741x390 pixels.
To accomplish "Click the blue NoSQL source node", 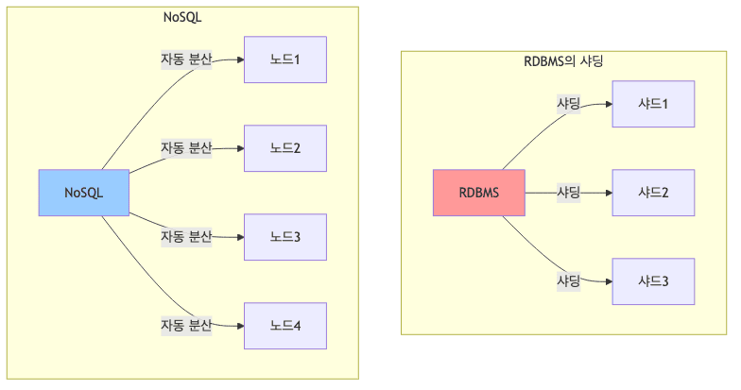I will click(84, 193).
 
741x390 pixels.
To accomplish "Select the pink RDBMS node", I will click(478, 193).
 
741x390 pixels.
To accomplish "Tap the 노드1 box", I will click(284, 60).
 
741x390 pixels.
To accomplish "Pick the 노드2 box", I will click(284, 148).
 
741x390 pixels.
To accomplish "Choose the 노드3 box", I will click(284, 237).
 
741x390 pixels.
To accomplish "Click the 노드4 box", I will click(284, 326).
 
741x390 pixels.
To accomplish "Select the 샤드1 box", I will click(653, 104).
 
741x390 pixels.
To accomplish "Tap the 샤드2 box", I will click(653, 193).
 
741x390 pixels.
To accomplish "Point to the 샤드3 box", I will click(653, 281).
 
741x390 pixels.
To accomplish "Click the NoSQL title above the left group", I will click(182, 17).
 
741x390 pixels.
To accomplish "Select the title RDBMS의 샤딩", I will click(563, 61).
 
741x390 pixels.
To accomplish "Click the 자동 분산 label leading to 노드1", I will click(185, 60).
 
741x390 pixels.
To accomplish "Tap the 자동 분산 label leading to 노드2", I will click(185, 148).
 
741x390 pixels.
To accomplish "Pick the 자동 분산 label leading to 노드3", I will click(185, 236).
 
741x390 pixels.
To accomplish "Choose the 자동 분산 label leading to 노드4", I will click(185, 326).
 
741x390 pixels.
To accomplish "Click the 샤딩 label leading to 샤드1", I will click(568, 104).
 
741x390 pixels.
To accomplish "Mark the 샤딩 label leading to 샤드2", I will click(568, 193).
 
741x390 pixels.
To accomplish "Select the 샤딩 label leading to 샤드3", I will click(568, 280).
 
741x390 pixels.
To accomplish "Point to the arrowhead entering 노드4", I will click(240, 326).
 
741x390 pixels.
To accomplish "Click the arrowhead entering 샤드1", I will click(608, 104).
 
